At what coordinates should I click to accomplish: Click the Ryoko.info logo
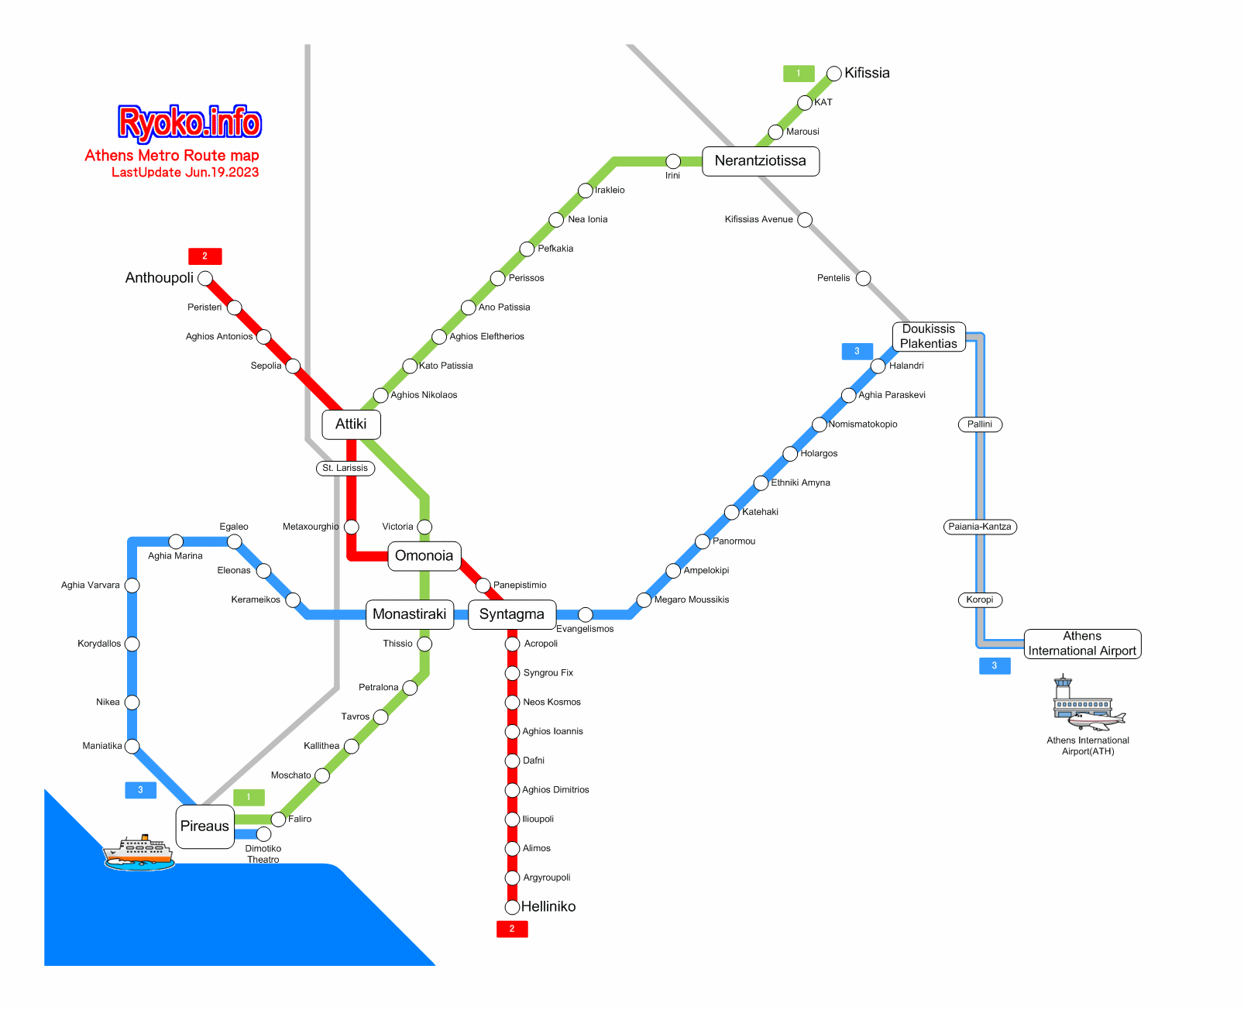[189, 122]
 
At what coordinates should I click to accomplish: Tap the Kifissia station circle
[833, 73]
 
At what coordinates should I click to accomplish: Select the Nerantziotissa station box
[760, 160]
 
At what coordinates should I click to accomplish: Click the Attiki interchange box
[351, 424]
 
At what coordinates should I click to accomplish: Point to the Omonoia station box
[424, 555]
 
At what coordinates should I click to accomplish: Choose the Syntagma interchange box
[511, 613]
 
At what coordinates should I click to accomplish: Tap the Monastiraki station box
[410, 613]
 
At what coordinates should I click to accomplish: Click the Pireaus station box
[205, 826]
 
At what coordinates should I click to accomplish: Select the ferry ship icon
[139, 852]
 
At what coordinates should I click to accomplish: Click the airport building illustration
[1088, 703]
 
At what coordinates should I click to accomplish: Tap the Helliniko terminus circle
[511, 906]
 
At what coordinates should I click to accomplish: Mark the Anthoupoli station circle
[205, 278]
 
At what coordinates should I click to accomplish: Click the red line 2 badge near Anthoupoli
[205, 256]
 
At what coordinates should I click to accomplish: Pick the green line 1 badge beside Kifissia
[799, 73]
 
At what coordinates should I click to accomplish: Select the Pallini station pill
[979, 424]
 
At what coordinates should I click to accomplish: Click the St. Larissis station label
[345, 468]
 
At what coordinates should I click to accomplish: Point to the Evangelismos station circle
[585, 614]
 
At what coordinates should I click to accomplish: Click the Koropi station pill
[979, 599]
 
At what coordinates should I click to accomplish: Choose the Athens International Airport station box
[1081, 644]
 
